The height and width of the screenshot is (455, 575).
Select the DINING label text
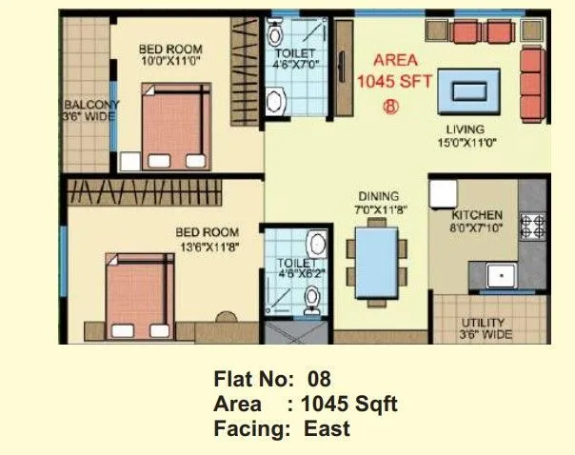[x=378, y=196]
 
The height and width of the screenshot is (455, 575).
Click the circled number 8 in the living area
[x=390, y=106]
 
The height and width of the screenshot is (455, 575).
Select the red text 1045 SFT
[x=394, y=81]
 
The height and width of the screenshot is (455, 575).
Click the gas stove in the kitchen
[x=531, y=225]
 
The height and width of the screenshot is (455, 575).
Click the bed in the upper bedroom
[x=173, y=124]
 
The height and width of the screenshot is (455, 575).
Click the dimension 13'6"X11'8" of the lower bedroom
[x=206, y=246]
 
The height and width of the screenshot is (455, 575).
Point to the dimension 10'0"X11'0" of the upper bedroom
[x=171, y=62]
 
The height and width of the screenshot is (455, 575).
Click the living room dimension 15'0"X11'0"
[x=466, y=143]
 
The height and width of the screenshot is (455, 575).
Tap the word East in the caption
[x=327, y=428]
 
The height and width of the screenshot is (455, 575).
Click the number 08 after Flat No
[x=312, y=381]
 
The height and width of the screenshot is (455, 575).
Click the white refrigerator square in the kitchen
[x=443, y=193]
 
